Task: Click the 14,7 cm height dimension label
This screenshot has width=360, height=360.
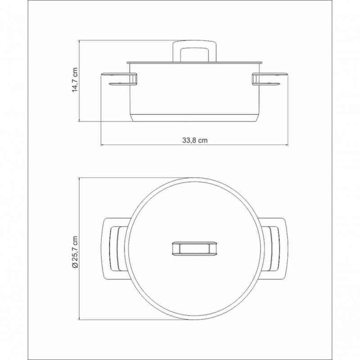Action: [x=75, y=80]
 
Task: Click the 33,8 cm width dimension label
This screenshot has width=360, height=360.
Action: [x=195, y=140]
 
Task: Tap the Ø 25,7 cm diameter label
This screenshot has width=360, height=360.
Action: [x=75, y=252]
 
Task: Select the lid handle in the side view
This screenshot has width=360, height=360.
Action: [x=194, y=51]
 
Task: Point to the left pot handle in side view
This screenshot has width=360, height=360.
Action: [x=119, y=80]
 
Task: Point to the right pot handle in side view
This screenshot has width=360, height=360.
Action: [x=270, y=80]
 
